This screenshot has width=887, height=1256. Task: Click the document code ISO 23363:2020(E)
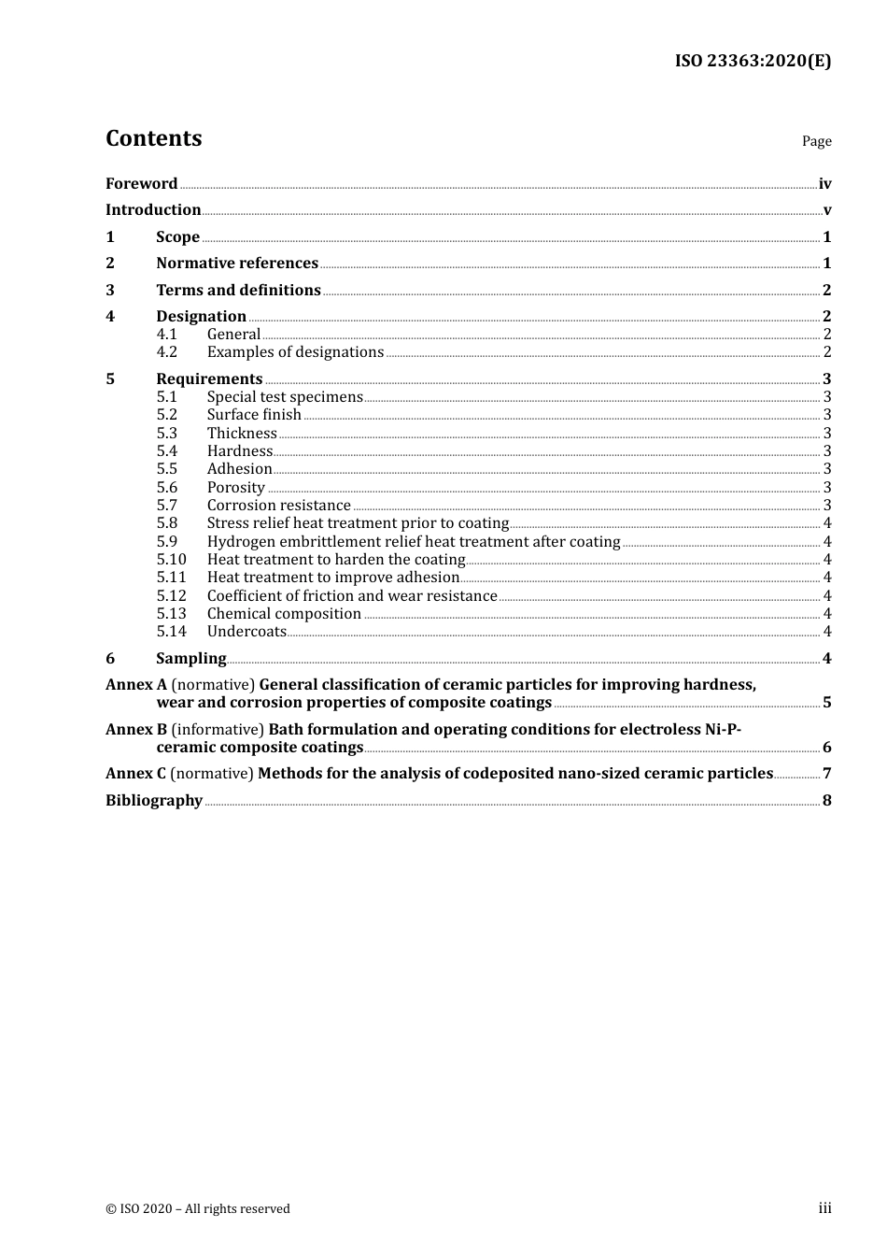(753, 62)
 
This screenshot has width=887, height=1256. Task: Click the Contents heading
(153, 138)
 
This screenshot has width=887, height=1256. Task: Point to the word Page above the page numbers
(816, 141)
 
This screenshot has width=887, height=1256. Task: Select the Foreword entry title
(141, 184)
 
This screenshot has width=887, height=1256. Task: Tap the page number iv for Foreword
(824, 184)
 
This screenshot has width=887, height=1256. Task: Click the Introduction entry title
(153, 210)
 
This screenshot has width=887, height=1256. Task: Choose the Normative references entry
(237, 264)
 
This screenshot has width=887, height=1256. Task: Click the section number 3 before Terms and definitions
(110, 291)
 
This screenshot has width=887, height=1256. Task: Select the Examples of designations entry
(295, 352)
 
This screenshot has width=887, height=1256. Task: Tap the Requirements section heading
(209, 379)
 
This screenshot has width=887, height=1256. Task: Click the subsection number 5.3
(167, 434)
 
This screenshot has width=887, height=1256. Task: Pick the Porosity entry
(236, 488)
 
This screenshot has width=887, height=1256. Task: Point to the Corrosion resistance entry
(279, 506)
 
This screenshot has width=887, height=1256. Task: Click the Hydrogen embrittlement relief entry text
(414, 542)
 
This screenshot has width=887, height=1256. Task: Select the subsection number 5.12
(172, 596)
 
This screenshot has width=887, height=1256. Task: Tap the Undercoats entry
(246, 632)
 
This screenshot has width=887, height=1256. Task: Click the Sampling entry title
(191, 659)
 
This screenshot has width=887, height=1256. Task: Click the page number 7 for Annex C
(826, 774)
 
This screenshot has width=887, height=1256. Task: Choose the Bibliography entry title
(154, 801)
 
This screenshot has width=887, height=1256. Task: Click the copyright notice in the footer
(198, 1209)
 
